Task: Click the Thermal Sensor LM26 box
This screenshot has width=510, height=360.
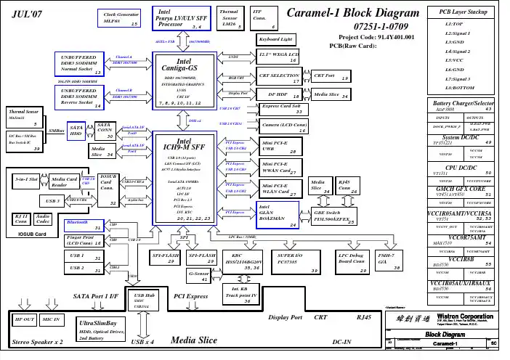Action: pyautogui.click(x=230, y=18)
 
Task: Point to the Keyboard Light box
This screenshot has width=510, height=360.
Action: pyautogui.click(x=276, y=38)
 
